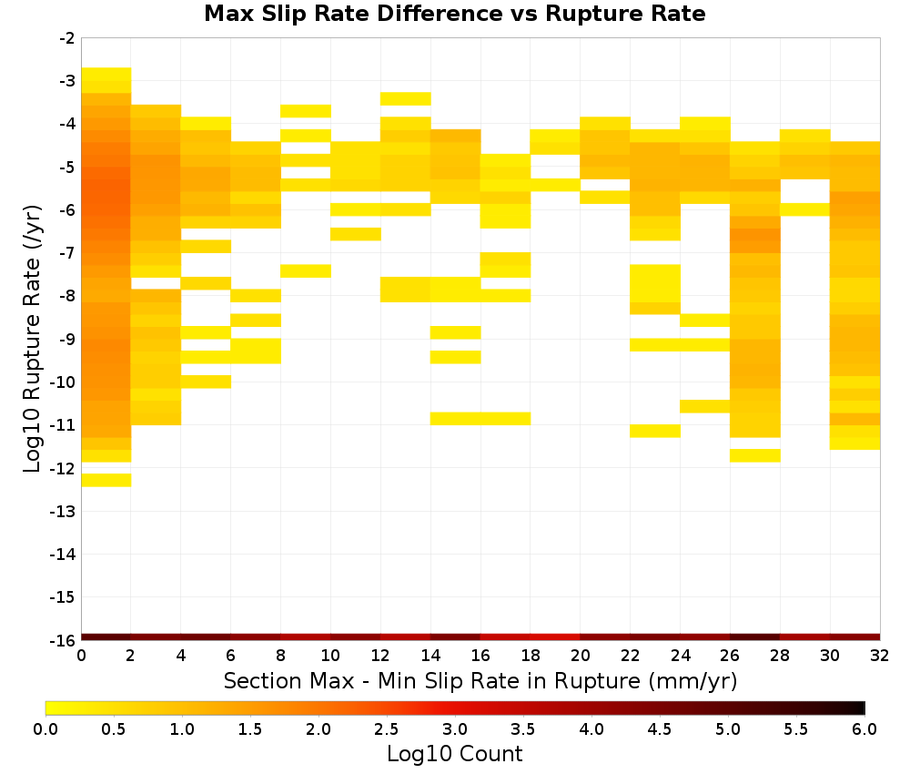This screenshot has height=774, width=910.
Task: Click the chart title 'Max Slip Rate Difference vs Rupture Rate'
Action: [454, 14]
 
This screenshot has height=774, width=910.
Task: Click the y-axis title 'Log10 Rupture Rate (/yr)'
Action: [32, 339]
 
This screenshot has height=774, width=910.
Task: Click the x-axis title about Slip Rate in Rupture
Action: [480, 681]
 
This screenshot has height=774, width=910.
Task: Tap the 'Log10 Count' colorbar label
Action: [454, 754]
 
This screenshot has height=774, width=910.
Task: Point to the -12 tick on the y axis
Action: [63, 468]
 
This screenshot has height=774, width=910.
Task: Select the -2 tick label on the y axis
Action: [66, 38]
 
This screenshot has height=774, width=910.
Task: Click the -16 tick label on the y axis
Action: [63, 640]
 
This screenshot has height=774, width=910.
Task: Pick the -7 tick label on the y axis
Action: [66, 253]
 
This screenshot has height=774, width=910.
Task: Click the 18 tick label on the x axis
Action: [531, 656]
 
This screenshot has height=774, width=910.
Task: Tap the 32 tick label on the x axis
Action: [880, 656]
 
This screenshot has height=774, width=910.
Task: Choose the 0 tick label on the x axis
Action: [81, 656]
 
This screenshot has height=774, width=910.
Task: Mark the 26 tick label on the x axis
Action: [730, 656]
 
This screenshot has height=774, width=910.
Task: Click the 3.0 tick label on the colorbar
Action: [454, 728]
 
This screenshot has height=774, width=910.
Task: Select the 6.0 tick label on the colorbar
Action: [864, 728]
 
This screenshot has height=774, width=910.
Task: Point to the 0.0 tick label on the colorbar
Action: [45, 728]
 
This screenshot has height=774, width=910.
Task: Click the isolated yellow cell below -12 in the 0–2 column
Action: [106, 480]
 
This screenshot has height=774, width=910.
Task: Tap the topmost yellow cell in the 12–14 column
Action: [406, 98]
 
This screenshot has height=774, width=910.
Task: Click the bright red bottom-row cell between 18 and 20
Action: [555, 637]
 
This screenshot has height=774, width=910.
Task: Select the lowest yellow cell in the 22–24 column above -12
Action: [655, 431]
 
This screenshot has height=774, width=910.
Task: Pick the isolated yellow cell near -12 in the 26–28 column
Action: [755, 456]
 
